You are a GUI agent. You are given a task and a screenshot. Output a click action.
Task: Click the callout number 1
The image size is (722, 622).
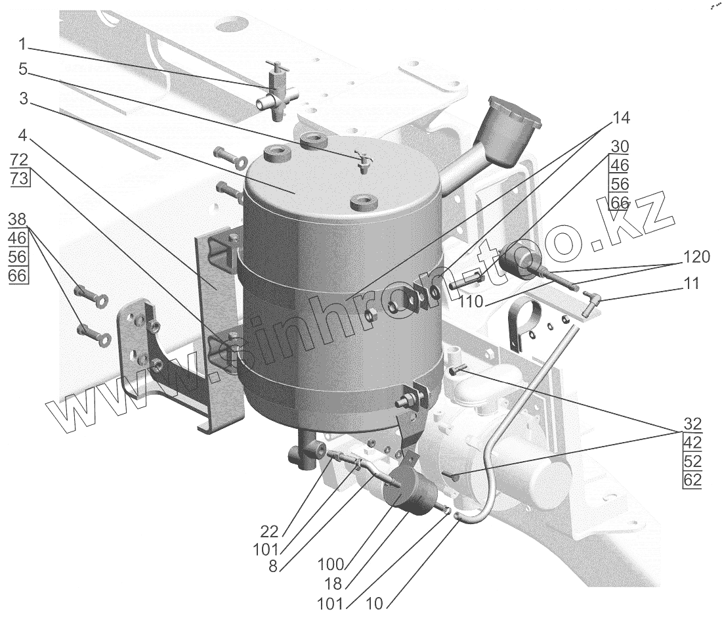[22, 45]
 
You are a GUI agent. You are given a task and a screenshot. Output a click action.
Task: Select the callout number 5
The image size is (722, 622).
[22, 69]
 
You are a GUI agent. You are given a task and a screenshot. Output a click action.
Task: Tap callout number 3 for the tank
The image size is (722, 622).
[22, 99]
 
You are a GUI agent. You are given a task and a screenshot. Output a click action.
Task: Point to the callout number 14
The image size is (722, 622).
[620, 118]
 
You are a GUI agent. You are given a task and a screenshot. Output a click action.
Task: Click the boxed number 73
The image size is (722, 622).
[20, 180]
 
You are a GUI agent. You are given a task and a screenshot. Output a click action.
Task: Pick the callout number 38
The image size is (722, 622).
[18, 219]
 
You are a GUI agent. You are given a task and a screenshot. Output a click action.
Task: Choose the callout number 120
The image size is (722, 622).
[696, 257]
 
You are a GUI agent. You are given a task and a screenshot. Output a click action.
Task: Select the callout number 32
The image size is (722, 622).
[692, 423]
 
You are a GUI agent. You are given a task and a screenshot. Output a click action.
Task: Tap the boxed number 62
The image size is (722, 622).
[692, 480]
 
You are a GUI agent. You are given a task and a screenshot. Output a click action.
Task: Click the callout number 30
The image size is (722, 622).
[620, 146]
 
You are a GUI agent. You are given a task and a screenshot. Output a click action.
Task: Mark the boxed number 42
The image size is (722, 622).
[692, 442]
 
